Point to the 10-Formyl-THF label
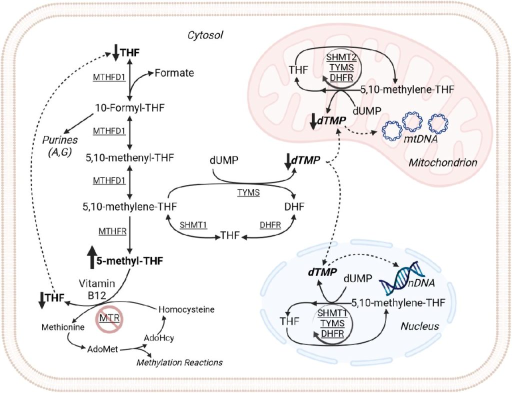point(129,107)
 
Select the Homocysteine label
point(185,310)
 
